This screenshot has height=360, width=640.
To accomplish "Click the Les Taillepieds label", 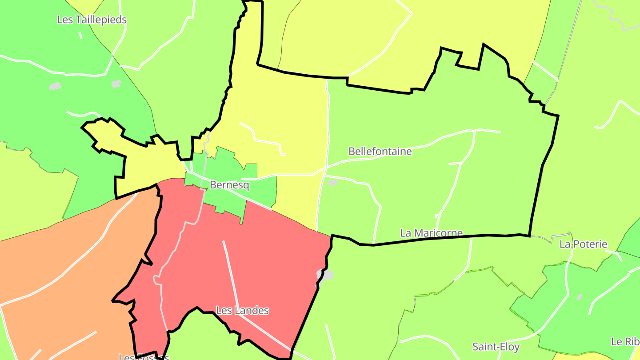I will coord(92,20).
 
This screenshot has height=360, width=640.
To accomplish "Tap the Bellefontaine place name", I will coord(380,152).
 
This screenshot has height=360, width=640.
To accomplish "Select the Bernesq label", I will coord(229,185).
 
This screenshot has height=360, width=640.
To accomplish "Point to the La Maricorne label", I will coord(431,233).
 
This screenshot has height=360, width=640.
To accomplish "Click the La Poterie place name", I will coord(583,244).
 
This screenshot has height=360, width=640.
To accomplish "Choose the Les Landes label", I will coord(242,310).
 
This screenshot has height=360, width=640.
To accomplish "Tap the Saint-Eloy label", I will coord(496,347).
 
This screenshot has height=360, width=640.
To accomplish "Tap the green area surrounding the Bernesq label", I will coord(262,187).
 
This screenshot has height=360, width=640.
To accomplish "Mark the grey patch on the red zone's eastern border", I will coord(326,275).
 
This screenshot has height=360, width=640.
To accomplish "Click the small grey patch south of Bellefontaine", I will coord(332,182).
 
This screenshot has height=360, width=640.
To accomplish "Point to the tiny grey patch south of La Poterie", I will coord(579,296).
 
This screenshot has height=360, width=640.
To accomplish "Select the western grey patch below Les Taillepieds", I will coord(55,86).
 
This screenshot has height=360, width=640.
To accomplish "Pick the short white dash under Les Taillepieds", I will coord(80,35).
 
